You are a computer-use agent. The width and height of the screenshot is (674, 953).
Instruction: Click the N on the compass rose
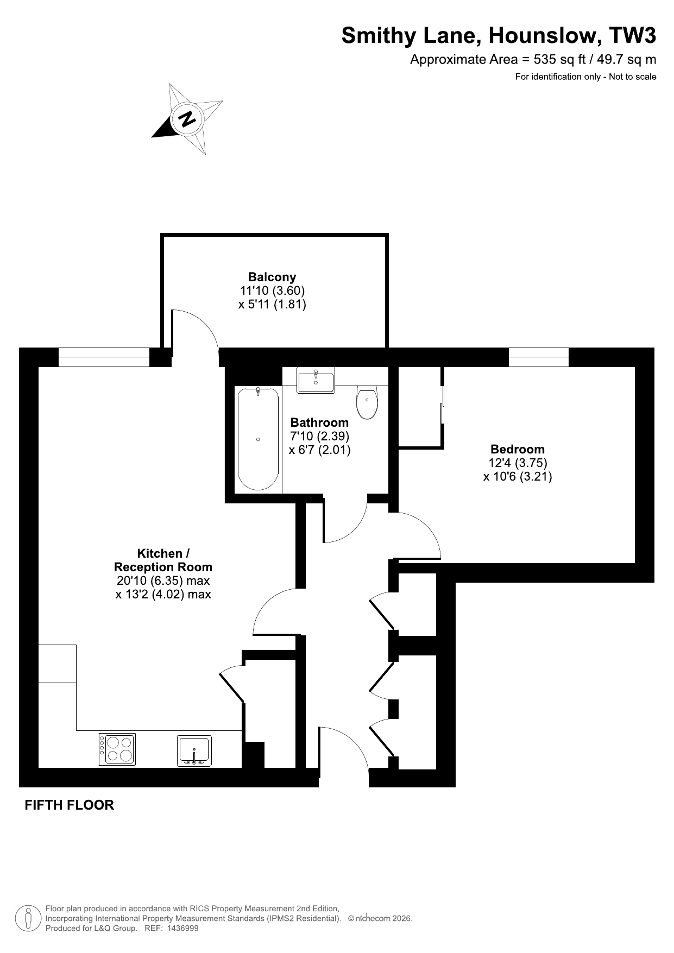tap(187, 118)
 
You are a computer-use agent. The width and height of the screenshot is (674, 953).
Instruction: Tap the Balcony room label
tap(272, 277)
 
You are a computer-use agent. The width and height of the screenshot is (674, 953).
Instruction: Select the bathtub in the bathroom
tap(258, 439)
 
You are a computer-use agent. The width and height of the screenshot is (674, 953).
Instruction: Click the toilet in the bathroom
tap(367, 402)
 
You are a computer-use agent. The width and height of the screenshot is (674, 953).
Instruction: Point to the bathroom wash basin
tap(316, 380)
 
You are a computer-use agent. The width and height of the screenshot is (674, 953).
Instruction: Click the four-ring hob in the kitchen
tap(117, 749)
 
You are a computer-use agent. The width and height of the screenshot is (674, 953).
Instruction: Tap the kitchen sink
tap(194, 751)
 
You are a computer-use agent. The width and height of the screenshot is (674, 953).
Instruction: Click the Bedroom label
tap(518, 449)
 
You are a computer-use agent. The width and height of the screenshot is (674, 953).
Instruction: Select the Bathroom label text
tap(319, 422)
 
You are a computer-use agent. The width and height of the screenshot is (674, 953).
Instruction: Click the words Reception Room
tap(163, 567)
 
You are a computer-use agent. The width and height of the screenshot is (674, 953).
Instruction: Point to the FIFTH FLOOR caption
tap(70, 805)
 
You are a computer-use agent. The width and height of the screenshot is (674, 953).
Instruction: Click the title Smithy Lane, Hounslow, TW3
tap(499, 36)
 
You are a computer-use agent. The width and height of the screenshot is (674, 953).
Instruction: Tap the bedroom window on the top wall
tap(538, 357)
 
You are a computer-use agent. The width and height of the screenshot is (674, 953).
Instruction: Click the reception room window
tap(104, 357)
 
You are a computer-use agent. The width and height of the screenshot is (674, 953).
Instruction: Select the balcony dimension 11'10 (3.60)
tap(272, 291)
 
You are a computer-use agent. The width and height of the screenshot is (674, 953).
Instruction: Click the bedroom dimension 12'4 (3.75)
tap(518, 463)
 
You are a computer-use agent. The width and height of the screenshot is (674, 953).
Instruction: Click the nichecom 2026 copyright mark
tap(380, 919)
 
